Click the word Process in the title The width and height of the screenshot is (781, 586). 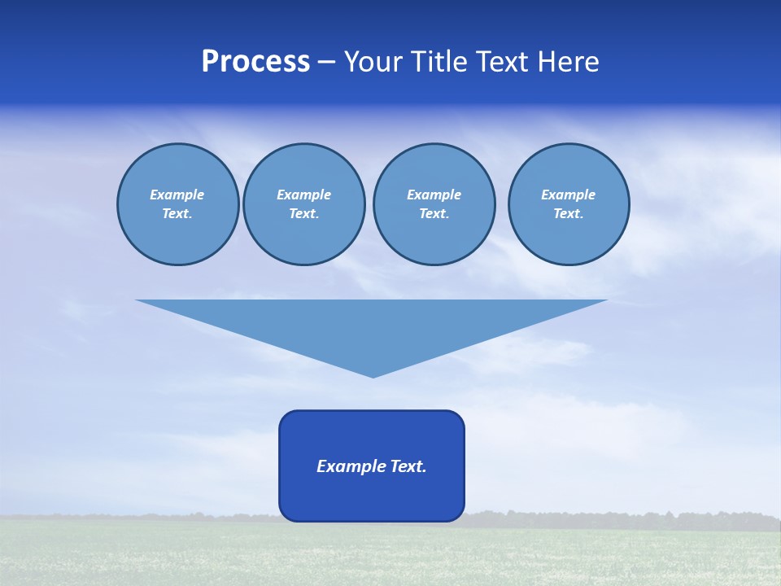(x=255, y=62)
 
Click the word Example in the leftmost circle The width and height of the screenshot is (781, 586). (x=177, y=195)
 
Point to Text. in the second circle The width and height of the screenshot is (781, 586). (x=304, y=214)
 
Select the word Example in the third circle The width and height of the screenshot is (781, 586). (x=434, y=195)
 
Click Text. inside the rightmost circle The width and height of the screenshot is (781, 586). (x=569, y=214)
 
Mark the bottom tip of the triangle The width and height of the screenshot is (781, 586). (x=373, y=376)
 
